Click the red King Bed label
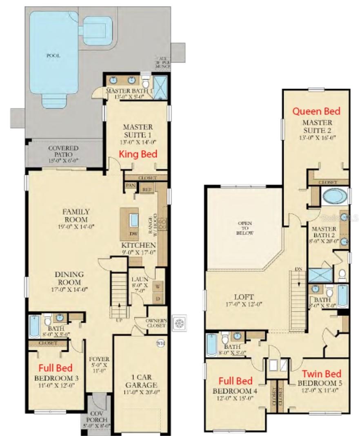pos(138,154)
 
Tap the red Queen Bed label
pos(316,111)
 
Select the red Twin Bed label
pos(321,373)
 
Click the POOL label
pos(53,56)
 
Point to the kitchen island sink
pos(133,220)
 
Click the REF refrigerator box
pos(146,189)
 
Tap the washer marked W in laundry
pos(157,286)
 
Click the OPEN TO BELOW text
pos(245,228)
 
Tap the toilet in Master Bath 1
pos(146,83)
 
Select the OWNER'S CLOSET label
pos(156,323)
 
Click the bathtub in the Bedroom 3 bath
pos(34,326)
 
